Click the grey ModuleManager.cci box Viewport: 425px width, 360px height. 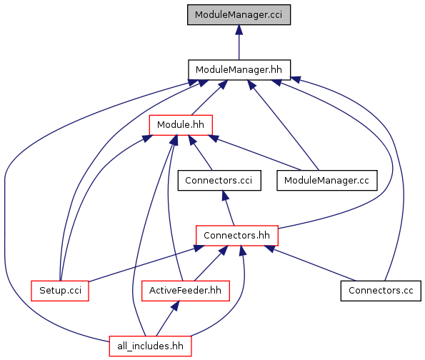[x=239, y=14]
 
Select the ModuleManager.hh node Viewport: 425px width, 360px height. [x=239, y=70]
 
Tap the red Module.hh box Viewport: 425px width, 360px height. [x=181, y=125]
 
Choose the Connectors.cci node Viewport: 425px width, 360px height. [x=219, y=180]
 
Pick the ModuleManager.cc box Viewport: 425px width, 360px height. [x=327, y=180]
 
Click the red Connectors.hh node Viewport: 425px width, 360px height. [x=237, y=236]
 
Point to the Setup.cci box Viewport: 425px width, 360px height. [x=60, y=291]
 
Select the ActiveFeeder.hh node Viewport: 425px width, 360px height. [x=186, y=291]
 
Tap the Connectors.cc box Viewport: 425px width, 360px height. [x=381, y=291]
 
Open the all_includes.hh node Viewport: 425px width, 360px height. [x=151, y=346]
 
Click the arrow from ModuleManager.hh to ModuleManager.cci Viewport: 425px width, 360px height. [x=239, y=42]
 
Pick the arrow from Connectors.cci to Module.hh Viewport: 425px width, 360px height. [x=200, y=153]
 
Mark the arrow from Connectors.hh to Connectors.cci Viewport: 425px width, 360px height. [x=228, y=208]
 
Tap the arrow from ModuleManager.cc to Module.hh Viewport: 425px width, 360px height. [x=254, y=153]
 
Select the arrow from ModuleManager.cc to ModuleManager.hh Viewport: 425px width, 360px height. [x=283, y=125]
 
